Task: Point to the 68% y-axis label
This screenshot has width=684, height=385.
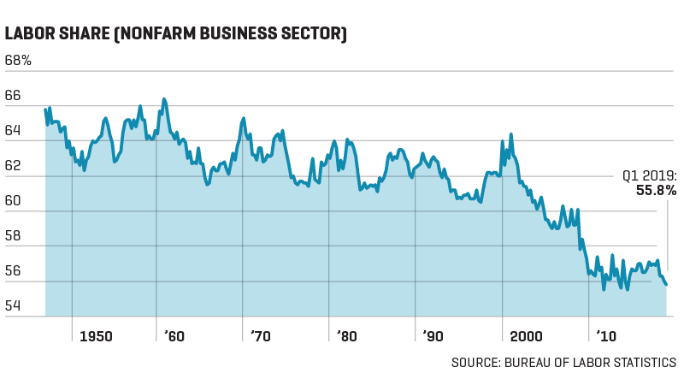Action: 18,61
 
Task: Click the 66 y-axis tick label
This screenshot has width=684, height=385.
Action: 13,96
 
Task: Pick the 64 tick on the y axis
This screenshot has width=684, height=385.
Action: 13,131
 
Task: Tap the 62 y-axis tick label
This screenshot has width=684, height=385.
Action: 13,166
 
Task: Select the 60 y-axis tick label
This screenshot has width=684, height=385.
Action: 13,201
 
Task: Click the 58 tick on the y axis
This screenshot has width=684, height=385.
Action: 13,236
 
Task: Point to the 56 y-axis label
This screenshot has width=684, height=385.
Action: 13,271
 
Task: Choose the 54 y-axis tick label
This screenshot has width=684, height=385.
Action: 13,306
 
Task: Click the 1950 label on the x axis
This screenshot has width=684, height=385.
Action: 96,337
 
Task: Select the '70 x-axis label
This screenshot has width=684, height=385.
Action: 260,337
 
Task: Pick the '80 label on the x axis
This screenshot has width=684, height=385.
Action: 346,337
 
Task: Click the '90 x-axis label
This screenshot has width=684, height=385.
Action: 433,337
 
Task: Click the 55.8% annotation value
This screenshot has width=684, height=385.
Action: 655,191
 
